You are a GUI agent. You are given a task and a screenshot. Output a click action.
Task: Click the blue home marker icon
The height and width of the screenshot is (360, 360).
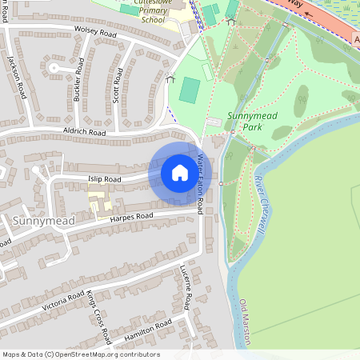point(180,173)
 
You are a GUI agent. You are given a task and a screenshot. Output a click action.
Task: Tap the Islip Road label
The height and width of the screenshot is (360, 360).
point(104,179)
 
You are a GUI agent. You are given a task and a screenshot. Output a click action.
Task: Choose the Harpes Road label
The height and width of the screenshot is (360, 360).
point(131,217)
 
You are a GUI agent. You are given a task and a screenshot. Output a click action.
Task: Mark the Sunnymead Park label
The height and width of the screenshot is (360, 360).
point(245,121)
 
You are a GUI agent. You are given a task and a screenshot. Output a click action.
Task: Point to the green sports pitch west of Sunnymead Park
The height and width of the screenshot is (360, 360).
point(190,90)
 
